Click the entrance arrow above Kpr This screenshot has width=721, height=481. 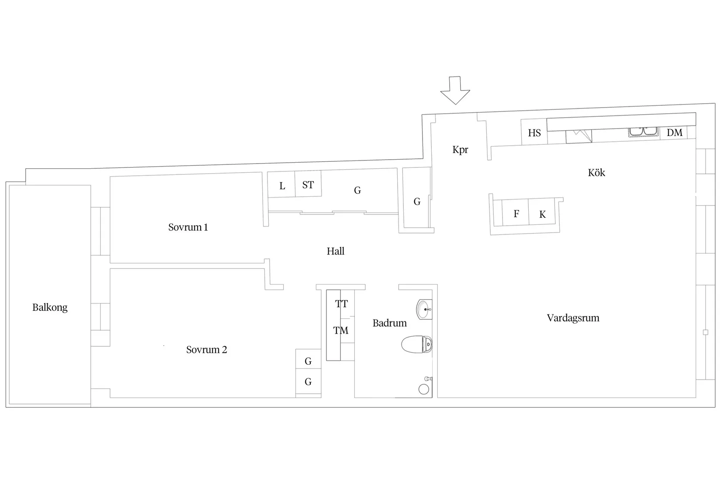[455, 91]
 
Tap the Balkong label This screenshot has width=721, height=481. [50, 308]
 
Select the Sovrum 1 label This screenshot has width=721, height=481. [188, 227]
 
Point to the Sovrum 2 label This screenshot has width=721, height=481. [207, 349]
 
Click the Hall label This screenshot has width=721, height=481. [336, 251]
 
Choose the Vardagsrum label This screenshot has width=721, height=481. [573, 318]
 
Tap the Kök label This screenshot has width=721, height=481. [596, 172]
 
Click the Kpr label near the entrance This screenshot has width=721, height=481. [460, 150]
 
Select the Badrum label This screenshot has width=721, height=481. [389, 323]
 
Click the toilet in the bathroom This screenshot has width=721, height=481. [417, 345]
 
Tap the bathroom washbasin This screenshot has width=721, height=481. [424, 309]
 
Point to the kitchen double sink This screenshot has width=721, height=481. [643, 132]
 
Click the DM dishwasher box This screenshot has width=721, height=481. [674, 132]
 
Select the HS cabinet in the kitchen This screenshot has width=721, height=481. [534, 132]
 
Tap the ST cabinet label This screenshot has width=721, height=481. [308, 185]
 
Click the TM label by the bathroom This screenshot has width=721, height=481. [340, 331]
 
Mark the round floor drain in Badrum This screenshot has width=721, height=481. [423, 390]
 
